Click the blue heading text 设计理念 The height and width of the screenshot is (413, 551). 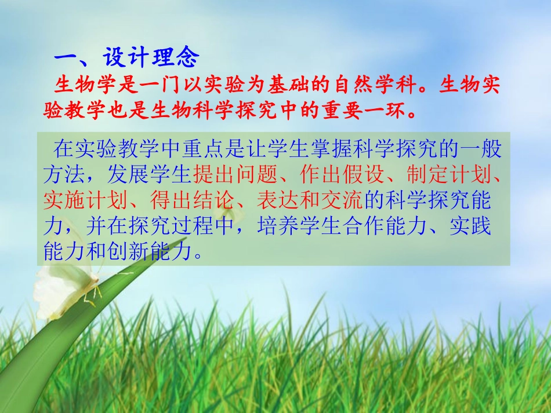pyautogui.click(x=151, y=57)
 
